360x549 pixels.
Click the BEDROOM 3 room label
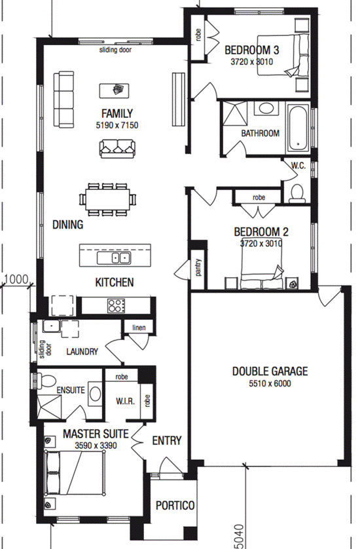251,50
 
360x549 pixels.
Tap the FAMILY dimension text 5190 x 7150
117,125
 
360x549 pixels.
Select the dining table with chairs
108,200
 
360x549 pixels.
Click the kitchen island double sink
114,258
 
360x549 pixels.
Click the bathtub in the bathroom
298,128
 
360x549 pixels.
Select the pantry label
199,267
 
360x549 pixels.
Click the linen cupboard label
139,328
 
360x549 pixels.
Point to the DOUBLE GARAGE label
270,371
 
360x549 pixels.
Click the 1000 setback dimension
16,279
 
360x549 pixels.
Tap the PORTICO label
175,505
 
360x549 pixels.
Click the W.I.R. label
125,401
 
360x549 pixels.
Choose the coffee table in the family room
114,90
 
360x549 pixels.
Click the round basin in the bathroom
266,108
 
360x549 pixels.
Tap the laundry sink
51,326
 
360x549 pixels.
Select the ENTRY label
167,440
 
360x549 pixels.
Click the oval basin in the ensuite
95,393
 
